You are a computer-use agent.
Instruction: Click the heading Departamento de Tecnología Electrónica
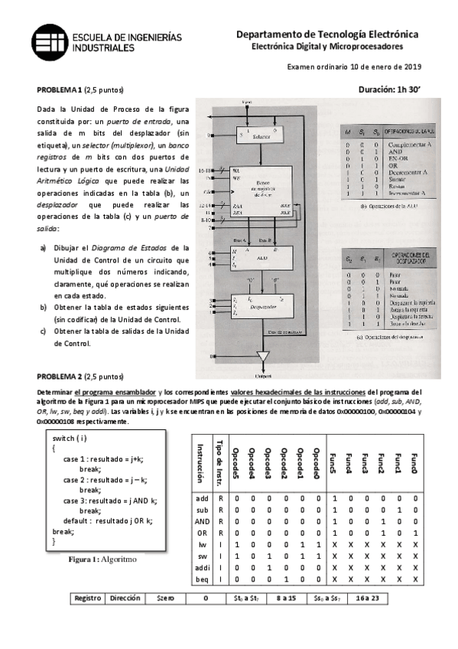[327, 34]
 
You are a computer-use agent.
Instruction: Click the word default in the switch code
[79, 520]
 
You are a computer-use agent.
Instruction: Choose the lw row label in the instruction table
[203, 543]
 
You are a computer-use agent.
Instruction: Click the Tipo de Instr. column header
[220, 461]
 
